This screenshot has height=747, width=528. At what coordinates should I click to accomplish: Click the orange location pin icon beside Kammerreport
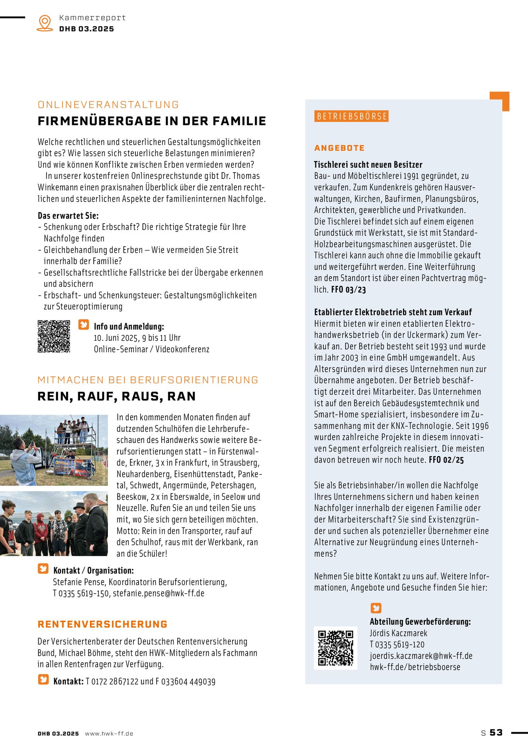(x=45, y=23)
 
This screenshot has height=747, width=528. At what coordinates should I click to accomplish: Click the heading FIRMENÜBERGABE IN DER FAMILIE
(x=152, y=121)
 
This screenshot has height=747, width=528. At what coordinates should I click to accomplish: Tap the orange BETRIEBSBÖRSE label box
(x=352, y=116)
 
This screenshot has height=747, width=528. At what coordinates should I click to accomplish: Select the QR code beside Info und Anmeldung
(x=54, y=336)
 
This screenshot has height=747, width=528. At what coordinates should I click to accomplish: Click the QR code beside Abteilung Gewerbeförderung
(x=335, y=648)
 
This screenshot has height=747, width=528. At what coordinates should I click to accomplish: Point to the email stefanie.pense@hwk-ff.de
(x=158, y=593)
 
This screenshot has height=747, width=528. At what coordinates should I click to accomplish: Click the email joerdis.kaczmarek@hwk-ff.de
(x=421, y=656)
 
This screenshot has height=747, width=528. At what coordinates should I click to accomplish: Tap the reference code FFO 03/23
(x=348, y=290)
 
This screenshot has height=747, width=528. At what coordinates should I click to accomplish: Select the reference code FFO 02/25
(x=446, y=460)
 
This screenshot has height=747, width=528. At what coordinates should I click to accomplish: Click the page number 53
(x=496, y=733)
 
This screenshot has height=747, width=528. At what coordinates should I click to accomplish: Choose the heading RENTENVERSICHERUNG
(x=103, y=624)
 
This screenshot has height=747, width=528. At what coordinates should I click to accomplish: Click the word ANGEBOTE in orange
(x=339, y=148)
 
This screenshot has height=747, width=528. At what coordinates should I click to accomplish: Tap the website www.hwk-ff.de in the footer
(x=109, y=733)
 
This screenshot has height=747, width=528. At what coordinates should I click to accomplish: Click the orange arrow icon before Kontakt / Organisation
(x=43, y=569)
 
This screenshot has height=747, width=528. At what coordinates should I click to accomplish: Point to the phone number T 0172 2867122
(x=112, y=682)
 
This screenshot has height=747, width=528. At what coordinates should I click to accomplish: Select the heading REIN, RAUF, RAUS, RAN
(x=117, y=396)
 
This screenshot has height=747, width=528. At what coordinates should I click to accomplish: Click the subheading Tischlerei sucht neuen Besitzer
(x=368, y=165)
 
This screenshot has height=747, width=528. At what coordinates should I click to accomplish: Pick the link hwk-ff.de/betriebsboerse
(x=415, y=667)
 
